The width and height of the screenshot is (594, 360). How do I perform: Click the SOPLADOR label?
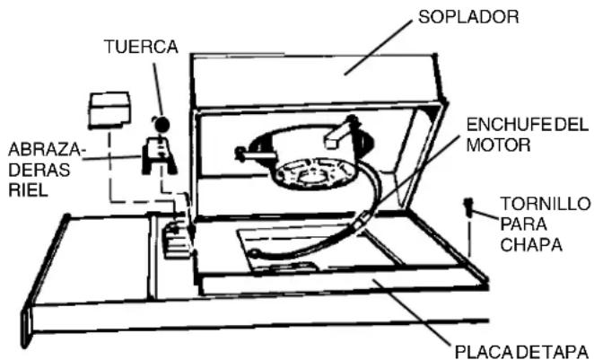click(x=468, y=17)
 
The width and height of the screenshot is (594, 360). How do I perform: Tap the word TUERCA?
click(x=141, y=47)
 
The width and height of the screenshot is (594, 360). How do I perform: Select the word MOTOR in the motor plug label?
click(x=498, y=145)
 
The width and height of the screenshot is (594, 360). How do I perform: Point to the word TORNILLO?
click(x=546, y=204)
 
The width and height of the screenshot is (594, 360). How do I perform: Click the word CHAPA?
click(x=530, y=245)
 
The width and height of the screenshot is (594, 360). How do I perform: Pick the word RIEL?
click(x=28, y=190)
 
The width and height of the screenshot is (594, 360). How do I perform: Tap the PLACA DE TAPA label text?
click(x=521, y=352)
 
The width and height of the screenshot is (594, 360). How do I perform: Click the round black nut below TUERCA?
click(x=162, y=124)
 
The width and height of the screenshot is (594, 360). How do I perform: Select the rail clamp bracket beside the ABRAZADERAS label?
click(x=159, y=156)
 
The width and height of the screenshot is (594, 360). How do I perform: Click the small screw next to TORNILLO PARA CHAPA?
click(x=468, y=207)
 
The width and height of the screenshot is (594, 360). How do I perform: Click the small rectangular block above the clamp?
click(x=109, y=110)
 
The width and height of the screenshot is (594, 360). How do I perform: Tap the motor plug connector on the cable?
click(x=361, y=222)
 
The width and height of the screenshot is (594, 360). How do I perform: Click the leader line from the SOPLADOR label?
click(x=379, y=48)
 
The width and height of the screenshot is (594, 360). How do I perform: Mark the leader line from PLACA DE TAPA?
click(x=412, y=312)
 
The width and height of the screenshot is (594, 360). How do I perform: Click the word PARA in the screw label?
click(x=523, y=224)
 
